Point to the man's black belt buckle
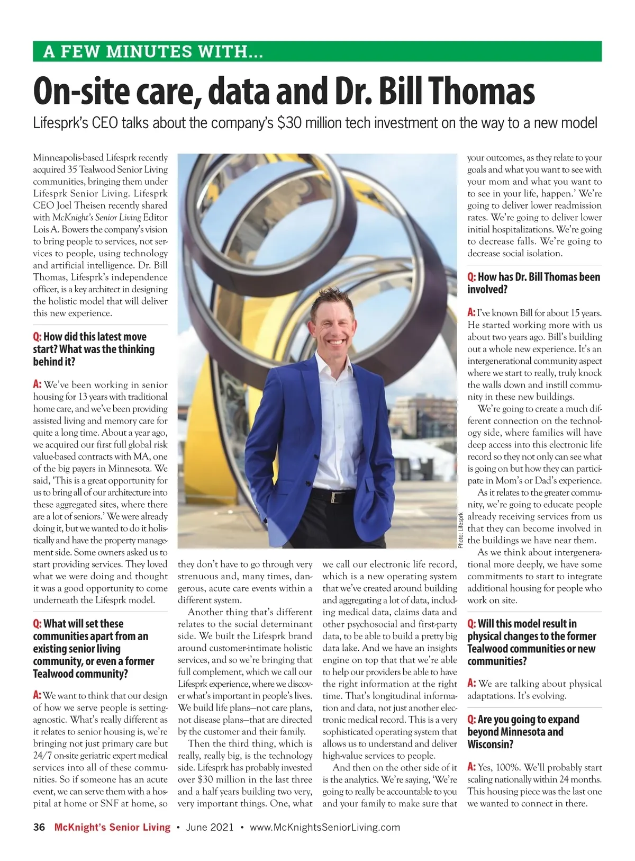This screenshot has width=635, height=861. click(x=334, y=497)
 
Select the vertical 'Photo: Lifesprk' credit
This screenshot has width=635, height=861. click(x=461, y=529)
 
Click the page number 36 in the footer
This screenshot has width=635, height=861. click(x=39, y=827)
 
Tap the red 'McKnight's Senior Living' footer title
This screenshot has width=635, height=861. click(x=112, y=827)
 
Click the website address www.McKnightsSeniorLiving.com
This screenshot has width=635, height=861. click(x=325, y=827)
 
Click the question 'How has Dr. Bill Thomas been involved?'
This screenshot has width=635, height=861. click(x=533, y=283)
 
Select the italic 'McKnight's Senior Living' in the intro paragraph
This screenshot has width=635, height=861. click(x=97, y=217)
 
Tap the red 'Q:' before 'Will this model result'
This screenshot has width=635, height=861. click(x=471, y=624)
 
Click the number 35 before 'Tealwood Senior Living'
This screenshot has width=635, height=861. click(x=72, y=169)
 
